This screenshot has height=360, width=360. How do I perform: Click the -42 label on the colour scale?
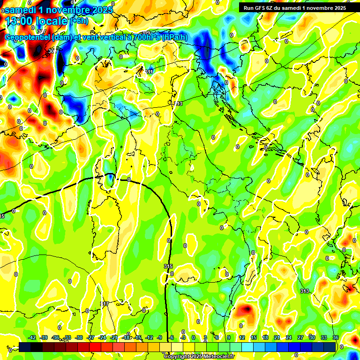(x=32, y=337)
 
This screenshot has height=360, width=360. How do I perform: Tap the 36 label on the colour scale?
(x=335, y=337)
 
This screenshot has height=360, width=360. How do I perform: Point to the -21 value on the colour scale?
(x=114, y=337)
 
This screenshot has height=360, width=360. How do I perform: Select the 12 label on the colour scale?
(x=242, y=337)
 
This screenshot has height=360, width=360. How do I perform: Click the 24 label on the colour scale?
(x=288, y=337)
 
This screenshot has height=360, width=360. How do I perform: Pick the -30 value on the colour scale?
(x=79, y=337)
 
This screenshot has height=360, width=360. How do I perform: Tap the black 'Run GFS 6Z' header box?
(x=294, y=7)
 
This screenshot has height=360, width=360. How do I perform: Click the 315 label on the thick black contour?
(x=168, y=266)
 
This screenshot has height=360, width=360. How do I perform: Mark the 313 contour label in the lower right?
(x=305, y=291)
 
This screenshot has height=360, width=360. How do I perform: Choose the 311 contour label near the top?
(x=149, y=72)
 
